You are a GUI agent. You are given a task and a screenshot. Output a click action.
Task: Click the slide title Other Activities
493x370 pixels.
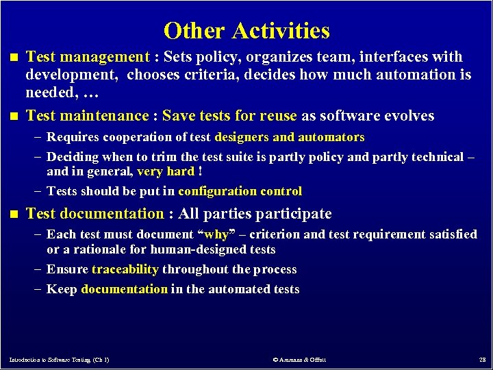tap(246, 31)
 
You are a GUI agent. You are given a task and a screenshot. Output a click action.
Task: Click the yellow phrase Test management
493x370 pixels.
tap(87, 57)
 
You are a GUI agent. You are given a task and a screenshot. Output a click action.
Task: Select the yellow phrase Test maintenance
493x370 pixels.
tap(87, 116)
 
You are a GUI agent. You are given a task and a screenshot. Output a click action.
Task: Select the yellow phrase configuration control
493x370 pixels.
tap(240, 191)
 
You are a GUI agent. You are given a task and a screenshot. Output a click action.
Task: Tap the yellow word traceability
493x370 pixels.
tap(125, 269)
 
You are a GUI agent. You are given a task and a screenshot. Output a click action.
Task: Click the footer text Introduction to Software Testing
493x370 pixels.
tap(59, 359)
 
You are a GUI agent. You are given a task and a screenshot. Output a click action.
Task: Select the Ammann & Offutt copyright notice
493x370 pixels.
tap(299, 359)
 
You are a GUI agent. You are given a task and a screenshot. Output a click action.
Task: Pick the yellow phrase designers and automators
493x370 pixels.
tap(289, 138)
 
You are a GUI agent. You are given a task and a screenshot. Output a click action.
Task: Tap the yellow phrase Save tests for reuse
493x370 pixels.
tap(229, 116)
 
